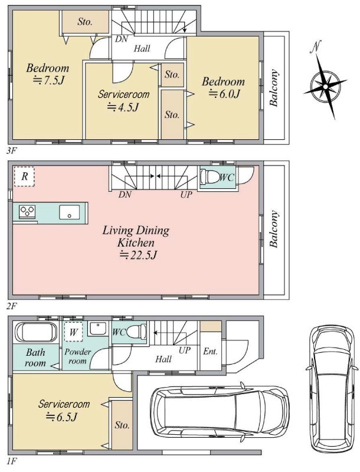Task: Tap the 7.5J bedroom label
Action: pos(48,74)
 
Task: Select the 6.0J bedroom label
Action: pos(223,87)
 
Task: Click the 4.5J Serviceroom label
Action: pos(123,100)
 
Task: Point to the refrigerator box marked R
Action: pos(24,176)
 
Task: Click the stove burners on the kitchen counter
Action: pos(27,211)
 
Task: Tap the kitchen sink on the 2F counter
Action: pos(70,212)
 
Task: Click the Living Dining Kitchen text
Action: pos(136,237)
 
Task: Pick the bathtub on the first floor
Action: pos(36,333)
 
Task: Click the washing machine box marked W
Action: pos(73,332)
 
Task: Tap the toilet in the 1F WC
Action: pos(136,332)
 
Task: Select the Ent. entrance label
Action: pos(211,351)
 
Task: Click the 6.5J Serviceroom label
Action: pos(64,410)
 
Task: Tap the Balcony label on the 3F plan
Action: pos(274,88)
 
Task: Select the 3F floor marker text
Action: pos(11,151)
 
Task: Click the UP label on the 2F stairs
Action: pos(186,195)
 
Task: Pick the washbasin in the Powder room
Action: pos(97,329)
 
